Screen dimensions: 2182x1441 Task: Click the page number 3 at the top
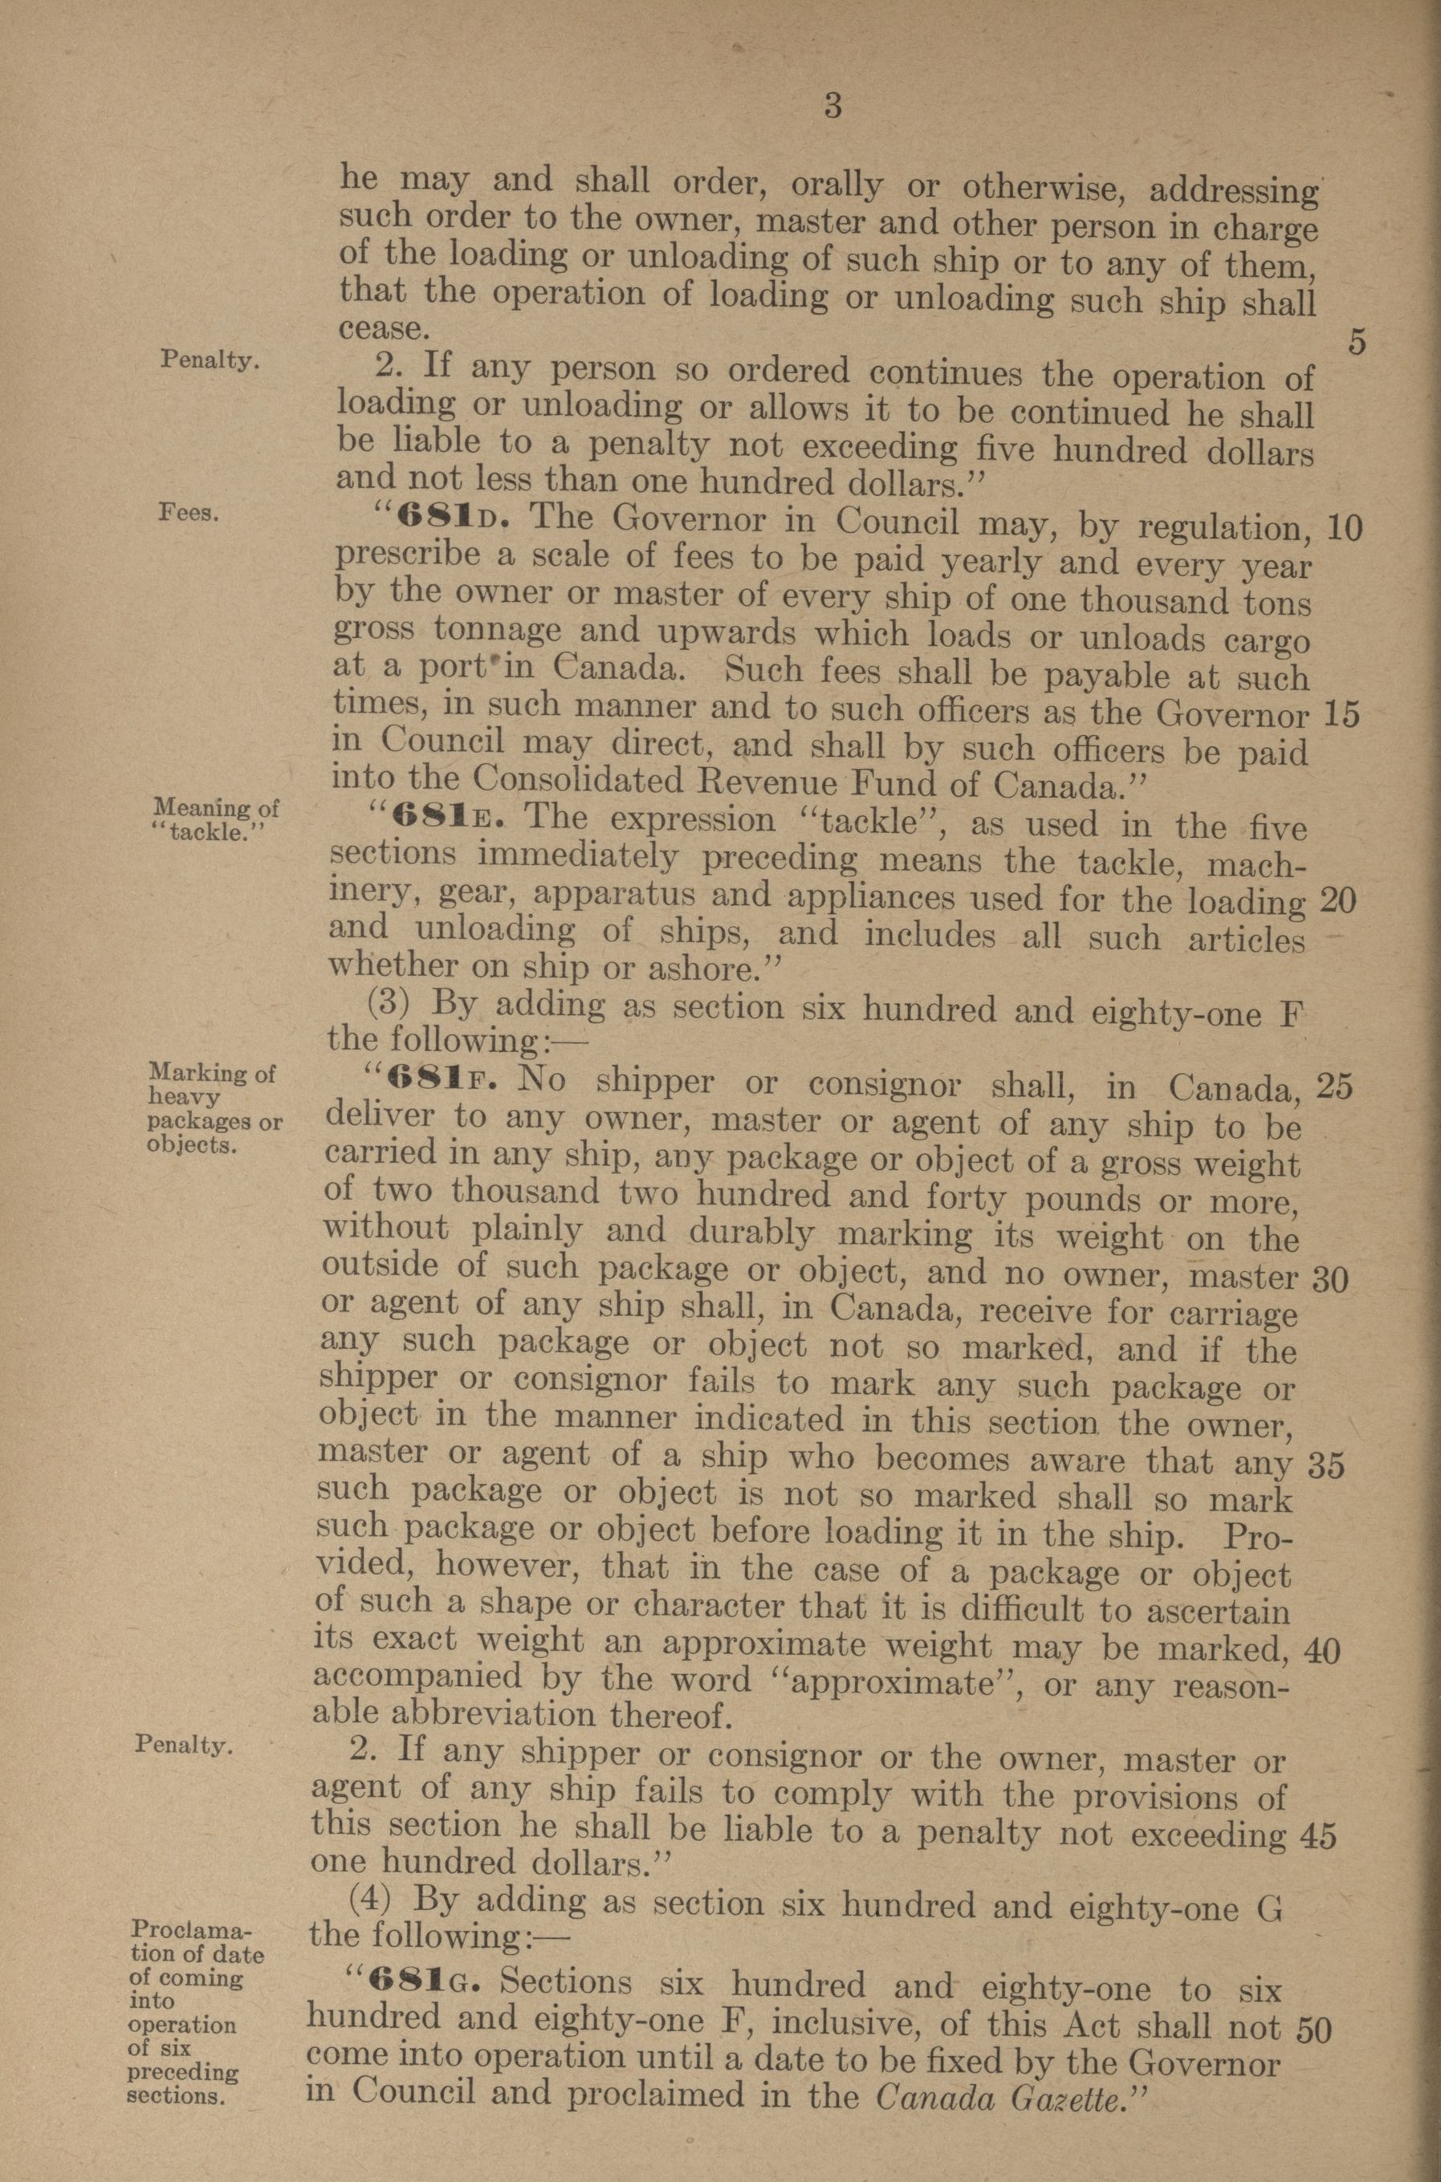[832, 107]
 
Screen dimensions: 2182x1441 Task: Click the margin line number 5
[1358, 343]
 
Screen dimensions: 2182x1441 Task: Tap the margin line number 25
[1334, 1087]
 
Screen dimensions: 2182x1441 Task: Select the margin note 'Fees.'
[189, 513]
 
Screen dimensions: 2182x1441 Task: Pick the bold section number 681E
[438, 815]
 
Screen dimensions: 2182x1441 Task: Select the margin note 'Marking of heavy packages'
[214, 1108]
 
